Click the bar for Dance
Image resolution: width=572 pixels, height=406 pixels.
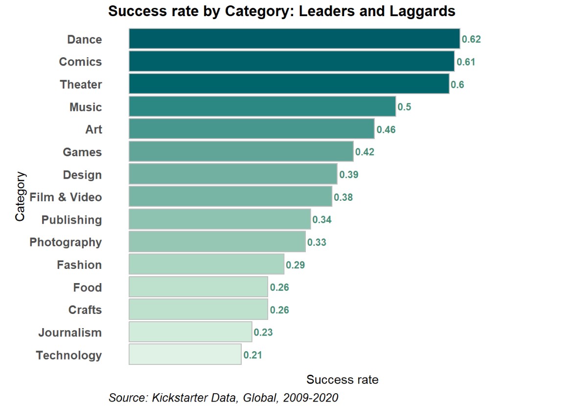click(x=294, y=39)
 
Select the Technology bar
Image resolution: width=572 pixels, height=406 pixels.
click(x=185, y=355)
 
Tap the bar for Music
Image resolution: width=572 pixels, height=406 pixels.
click(x=262, y=107)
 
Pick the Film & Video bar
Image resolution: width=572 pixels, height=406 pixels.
click(x=230, y=197)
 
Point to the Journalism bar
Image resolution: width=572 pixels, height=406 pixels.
click(x=190, y=332)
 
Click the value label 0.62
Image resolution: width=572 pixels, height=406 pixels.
click(x=472, y=39)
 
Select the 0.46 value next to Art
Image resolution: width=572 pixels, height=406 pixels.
click(x=386, y=130)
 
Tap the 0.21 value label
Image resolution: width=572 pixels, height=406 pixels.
click(x=253, y=355)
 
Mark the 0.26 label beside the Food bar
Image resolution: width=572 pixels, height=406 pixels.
click(x=279, y=287)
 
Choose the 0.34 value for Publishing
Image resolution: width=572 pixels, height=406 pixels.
click(x=322, y=220)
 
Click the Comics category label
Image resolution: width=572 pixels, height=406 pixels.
click(x=80, y=62)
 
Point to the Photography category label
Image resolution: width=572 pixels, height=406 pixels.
click(x=66, y=242)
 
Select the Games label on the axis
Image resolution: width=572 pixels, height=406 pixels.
click(x=82, y=152)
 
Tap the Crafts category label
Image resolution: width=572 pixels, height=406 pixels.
click(x=85, y=310)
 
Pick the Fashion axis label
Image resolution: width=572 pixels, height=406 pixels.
click(x=79, y=265)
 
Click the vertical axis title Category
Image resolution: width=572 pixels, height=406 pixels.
click(x=20, y=196)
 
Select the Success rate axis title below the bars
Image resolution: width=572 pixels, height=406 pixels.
click(x=342, y=380)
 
